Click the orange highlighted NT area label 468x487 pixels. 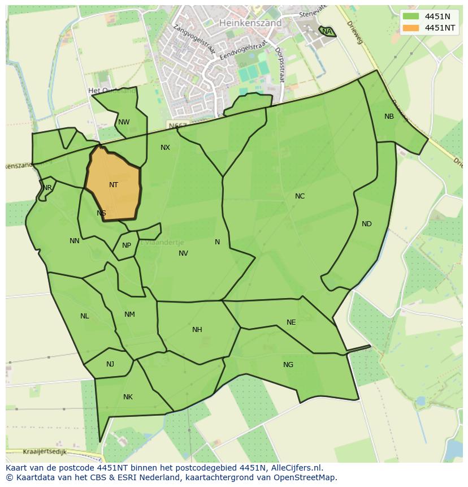(x=114, y=185)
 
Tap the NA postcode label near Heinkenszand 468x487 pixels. (x=327, y=32)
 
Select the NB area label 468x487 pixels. (x=389, y=117)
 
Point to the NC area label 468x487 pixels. (x=300, y=196)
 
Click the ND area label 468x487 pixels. (x=367, y=224)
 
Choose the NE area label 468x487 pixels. (x=291, y=322)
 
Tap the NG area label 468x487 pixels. (x=288, y=365)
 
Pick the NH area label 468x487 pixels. (x=197, y=330)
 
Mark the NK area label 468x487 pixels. (x=128, y=397)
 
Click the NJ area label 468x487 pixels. (x=110, y=364)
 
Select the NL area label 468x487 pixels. (x=85, y=316)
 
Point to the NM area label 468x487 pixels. (x=129, y=314)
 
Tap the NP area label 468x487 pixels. (x=127, y=245)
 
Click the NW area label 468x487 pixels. (x=124, y=122)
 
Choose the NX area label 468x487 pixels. (x=165, y=148)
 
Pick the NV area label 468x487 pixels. (x=183, y=253)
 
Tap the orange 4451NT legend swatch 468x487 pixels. (x=411, y=28)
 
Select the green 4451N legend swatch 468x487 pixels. (x=411, y=16)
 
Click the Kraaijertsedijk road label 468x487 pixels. (x=45, y=452)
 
